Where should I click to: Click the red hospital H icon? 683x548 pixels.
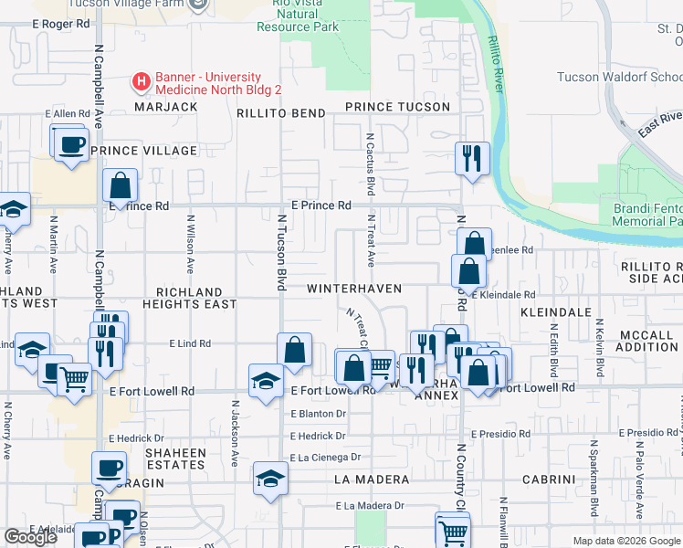coord(142,83)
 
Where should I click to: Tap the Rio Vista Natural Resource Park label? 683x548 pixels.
coord(298,16)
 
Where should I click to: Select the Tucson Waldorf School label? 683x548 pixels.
coord(620,78)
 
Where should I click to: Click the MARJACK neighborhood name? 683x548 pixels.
coord(165,107)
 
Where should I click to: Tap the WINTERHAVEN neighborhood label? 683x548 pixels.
coord(353,289)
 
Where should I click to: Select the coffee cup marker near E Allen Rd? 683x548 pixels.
coord(71,143)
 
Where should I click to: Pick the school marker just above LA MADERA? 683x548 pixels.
coord(270,479)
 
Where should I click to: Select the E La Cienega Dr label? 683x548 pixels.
coord(326,458)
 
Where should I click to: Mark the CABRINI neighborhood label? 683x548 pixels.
coord(548,479)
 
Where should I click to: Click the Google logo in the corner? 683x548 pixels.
coord(30,537)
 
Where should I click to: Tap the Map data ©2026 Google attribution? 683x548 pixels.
coord(626,541)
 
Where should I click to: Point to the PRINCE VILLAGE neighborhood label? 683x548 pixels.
coord(143,151)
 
